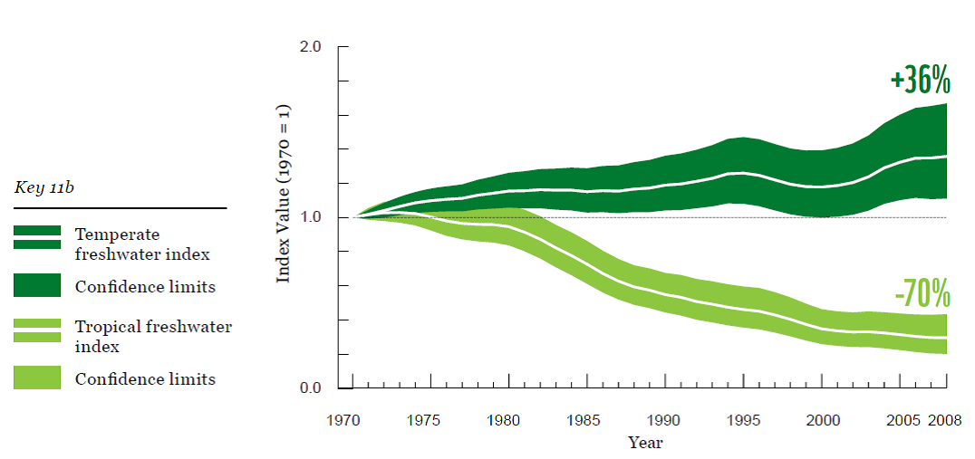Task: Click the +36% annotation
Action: [x=920, y=81]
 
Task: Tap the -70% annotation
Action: [x=922, y=293]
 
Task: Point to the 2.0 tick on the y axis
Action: [x=311, y=46]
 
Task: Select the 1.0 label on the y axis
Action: [x=311, y=217]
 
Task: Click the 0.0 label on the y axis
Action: [x=311, y=388]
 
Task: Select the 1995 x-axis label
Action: [x=742, y=421]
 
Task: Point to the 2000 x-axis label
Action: [x=821, y=421]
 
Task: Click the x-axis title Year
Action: [x=645, y=443]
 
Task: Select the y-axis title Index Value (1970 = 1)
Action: [x=283, y=193]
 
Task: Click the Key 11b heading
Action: [x=45, y=188]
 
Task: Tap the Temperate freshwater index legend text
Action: [x=142, y=244]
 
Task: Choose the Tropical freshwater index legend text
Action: [x=153, y=336]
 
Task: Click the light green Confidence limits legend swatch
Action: [x=37, y=378]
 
